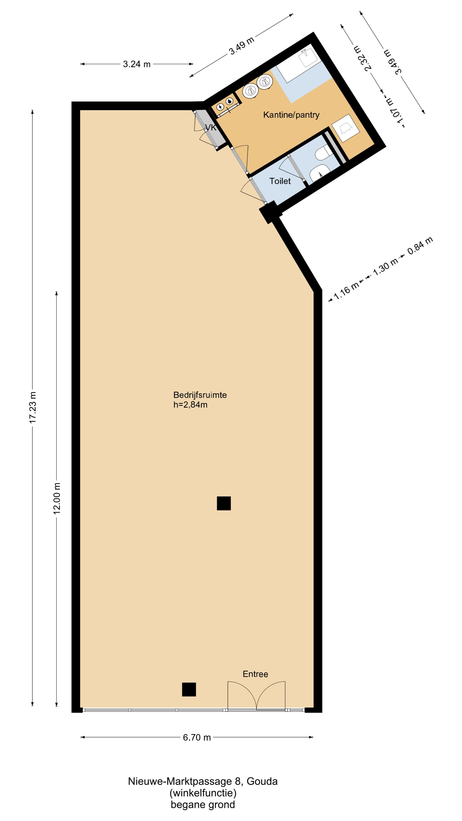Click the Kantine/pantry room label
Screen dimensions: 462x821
point(291,115)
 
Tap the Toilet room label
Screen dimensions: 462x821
point(280,181)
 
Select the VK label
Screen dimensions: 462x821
point(211,128)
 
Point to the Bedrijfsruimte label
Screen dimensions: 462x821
point(200,395)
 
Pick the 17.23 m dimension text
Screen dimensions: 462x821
point(33,407)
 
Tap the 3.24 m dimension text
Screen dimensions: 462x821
point(137,64)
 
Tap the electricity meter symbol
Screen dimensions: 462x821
point(220,106)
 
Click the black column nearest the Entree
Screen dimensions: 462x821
point(189,689)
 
